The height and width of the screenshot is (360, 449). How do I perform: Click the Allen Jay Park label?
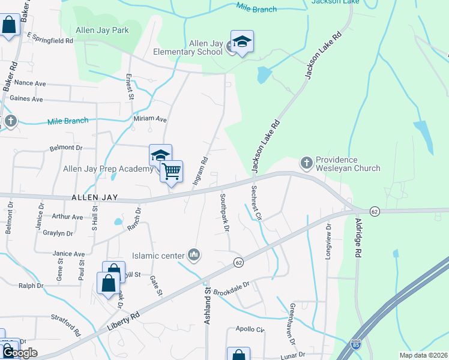[x=103, y=30]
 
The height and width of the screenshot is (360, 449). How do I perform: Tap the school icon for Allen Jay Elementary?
[x=242, y=41]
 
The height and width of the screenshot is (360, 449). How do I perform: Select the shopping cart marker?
[x=172, y=172]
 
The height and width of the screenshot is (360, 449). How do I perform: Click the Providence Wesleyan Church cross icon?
[x=306, y=163]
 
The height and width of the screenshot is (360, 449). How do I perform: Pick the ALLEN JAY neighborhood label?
[x=94, y=197]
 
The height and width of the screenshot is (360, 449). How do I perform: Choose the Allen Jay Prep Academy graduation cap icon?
[x=160, y=155]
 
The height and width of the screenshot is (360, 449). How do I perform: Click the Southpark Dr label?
[x=224, y=213]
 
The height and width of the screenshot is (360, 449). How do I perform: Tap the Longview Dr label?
[x=328, y=241]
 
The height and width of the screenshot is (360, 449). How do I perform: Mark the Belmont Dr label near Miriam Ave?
[x=65, y=147]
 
